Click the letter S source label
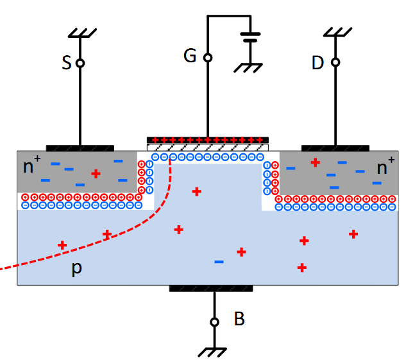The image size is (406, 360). [x=67, y=63]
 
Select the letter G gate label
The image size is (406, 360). [x=190, y=56]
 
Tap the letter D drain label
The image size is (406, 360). [x=317, y=63]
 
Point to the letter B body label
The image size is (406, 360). [x=239, y=319]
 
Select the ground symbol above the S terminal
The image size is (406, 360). [x=80, y=32]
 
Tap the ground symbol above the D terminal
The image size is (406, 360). [x=335, y=32]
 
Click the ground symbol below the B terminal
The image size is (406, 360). [x=214, y=350]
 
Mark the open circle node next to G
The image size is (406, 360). [x=208, y=57]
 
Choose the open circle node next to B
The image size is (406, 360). [x=215, y=321]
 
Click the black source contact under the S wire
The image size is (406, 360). [x=80, y=148]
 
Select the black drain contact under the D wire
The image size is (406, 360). [x=335, y=148]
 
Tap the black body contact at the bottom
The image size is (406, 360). [x=210, y=288]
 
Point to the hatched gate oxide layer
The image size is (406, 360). [x=208, y=148]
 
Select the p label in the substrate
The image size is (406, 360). [x=76, y=269]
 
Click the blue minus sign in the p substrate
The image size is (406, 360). [x=219, y=262]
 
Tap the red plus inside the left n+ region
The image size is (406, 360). [x=96, y=173]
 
